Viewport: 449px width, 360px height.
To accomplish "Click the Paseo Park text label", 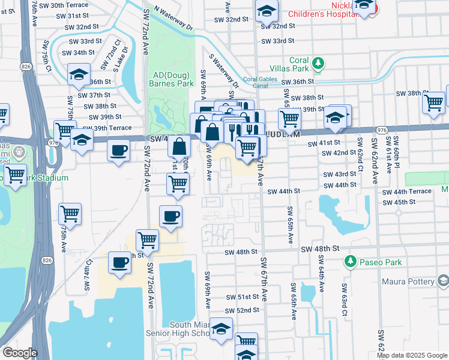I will (x=376, y=262).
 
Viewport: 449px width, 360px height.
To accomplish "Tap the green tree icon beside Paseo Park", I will (x=349, y=262).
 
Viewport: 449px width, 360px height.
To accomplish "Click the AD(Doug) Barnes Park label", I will (x=173, y=79).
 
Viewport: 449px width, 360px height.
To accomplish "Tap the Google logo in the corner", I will (x=19, y=353).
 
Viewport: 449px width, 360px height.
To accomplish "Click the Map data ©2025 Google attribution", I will (x=412, y=355).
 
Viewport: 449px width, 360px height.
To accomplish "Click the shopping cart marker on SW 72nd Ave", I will (x=147, y=240).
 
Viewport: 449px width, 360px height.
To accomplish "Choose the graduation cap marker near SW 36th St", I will (x=78, y=76).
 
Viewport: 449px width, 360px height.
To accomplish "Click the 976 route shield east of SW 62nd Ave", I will (x=381, y=129).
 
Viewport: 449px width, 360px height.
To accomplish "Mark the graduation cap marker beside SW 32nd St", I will (x=267, y=10).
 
